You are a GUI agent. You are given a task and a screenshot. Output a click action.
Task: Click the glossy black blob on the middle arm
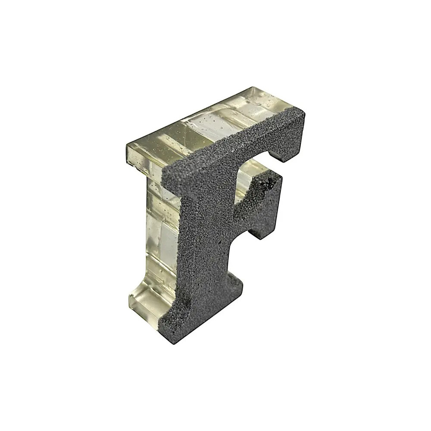click(268, 183)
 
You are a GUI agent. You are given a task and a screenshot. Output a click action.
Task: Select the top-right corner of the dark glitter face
click(304, 111)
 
